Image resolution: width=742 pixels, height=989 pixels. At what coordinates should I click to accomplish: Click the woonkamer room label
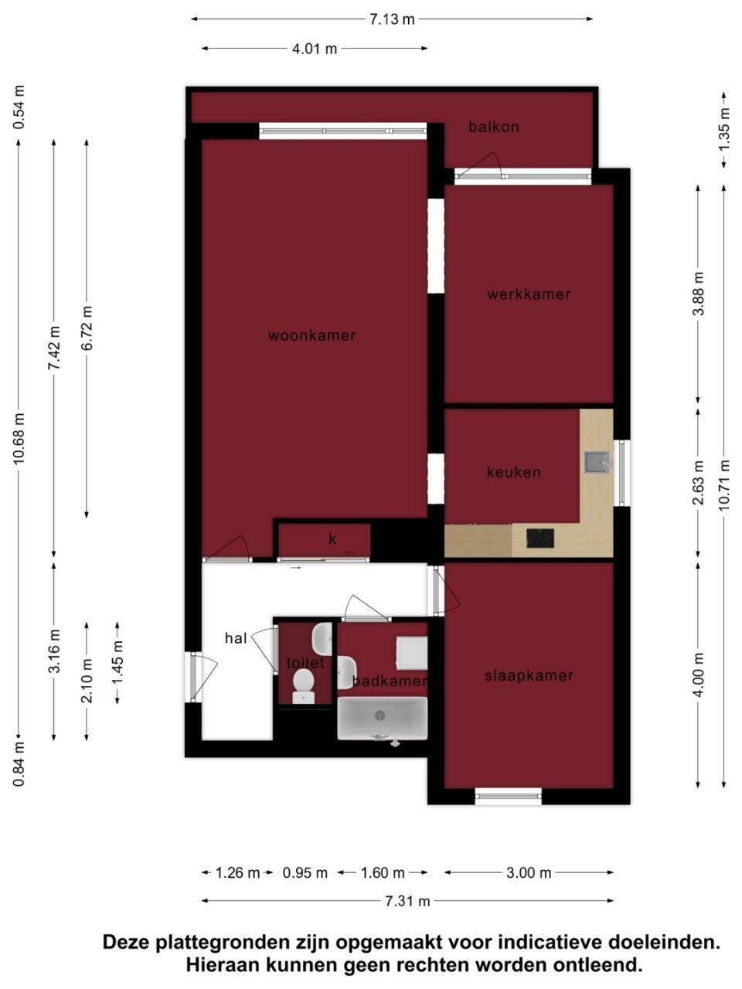pyautogui.click(x=311, y=335)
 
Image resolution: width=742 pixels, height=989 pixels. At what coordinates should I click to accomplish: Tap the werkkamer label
pyautogui.click(x=529, y=294)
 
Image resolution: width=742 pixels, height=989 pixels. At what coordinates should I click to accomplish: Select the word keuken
pyautogui.click(x=513, y=472)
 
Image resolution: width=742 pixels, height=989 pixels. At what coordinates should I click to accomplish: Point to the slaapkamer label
pyautogui.click(x=529, y=675)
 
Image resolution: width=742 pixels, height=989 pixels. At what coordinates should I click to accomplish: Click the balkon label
pyautogui.click(x=494, y=127)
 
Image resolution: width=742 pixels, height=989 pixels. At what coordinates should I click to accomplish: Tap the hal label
pyautogui.click(x=236, y=638)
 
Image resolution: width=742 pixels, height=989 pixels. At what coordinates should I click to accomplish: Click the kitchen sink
pyautogui.click(x=597, y=462)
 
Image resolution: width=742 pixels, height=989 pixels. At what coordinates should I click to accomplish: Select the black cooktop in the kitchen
pyautogui.click(x=540, y=539)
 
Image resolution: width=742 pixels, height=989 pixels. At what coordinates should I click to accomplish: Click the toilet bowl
pyautogui.click(x=304, y=686)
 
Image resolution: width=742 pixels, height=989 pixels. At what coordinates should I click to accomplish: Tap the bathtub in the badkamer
pyautogui.click(x=382, y=719)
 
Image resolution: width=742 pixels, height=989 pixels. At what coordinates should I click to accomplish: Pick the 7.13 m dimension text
pyautogui.click(x=392, y=19)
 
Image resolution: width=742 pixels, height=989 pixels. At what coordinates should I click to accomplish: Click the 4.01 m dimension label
pyautogui.click(x=315, y=49)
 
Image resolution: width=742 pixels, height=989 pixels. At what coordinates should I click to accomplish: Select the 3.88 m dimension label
pyautogui.click(x=698, y=294)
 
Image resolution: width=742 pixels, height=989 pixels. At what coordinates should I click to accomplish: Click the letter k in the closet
pyautogui.click(x=332, y=539)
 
